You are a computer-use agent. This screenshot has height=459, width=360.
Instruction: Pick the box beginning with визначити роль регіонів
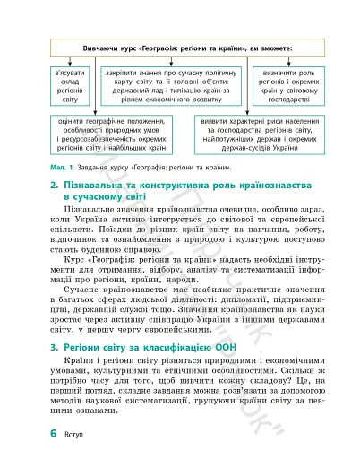point(285,87)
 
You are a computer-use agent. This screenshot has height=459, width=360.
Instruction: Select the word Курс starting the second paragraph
point(65,247)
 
